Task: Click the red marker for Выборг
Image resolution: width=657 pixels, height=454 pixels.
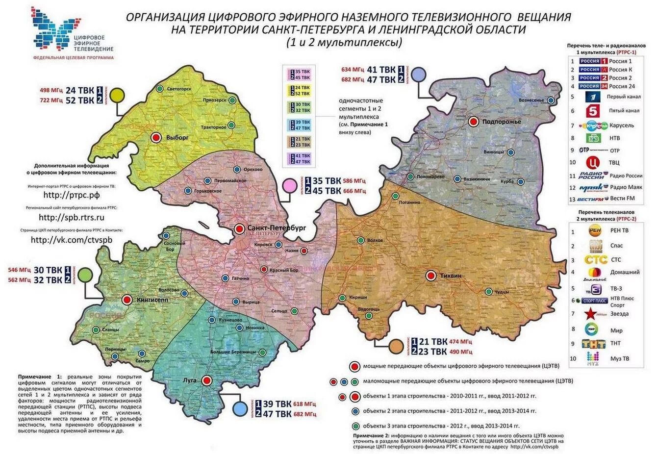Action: [x=156, y=138]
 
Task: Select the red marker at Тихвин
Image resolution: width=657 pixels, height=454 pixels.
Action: [x=431, y=276]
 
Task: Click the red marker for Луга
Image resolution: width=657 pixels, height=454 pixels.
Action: [x=206, y=380]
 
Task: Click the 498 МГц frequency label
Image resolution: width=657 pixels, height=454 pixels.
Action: [x=51, y=90]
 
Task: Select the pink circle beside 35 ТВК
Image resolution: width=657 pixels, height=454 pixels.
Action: [x=289, y=185]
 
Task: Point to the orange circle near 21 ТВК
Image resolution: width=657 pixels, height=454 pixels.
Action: [x=396, y=347]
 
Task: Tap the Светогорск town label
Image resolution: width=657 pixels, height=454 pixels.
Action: [x=179, y=89]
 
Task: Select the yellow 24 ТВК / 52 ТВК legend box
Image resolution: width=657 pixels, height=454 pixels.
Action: [x=299, y=90]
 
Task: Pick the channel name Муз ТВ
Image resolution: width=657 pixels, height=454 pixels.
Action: [x=620, y=359]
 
